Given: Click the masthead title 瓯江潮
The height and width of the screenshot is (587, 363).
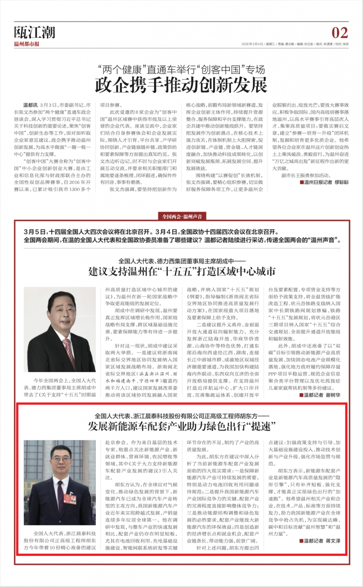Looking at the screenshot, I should pos(34,32).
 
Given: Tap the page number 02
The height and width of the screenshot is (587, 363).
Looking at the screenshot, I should pos(339,33).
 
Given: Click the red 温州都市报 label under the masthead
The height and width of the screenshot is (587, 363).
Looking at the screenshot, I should pos(27,44).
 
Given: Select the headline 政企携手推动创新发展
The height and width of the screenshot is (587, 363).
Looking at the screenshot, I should pos(181,85).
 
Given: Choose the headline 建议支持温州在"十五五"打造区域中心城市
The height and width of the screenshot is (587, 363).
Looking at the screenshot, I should pos(182,271).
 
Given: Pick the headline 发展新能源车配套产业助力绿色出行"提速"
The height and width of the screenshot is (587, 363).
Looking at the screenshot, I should pos(182,425).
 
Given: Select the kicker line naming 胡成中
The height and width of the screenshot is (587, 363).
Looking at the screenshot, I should pos(182,261).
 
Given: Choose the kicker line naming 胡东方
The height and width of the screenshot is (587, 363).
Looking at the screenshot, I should pos(182,415).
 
